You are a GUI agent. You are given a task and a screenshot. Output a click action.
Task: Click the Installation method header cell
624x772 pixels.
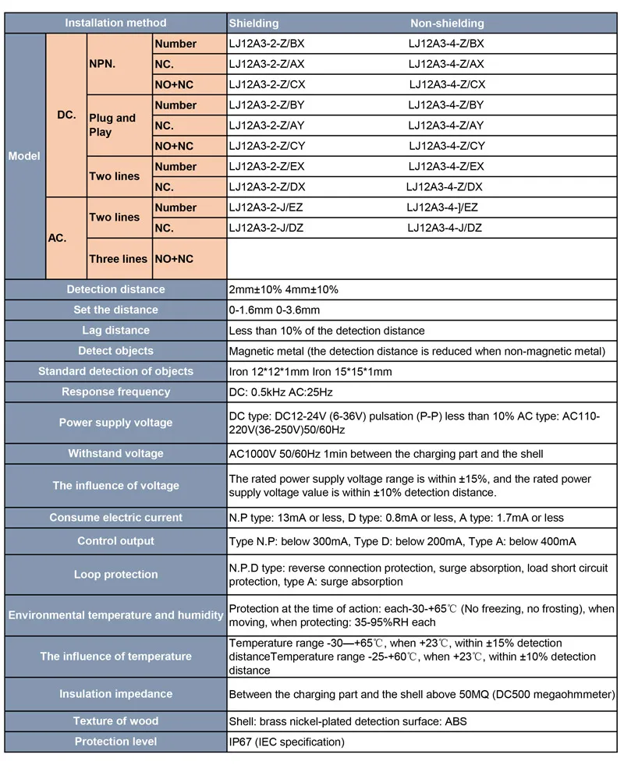115,23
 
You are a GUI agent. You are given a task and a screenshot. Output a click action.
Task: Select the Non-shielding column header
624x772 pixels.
447,23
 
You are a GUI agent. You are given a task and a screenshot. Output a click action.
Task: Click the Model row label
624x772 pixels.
24,156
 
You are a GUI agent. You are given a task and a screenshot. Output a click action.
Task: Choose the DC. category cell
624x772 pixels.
66,115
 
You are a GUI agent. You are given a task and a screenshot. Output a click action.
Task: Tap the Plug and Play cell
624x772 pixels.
112,125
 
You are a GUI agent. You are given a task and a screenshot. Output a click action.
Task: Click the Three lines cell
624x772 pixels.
118,259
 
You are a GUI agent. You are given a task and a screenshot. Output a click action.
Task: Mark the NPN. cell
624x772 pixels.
102,64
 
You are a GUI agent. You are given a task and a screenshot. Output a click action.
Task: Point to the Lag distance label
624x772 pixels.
115,331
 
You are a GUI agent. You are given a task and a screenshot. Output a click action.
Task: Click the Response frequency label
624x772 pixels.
115,391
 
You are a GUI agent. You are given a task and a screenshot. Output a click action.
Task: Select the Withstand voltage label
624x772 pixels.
115,453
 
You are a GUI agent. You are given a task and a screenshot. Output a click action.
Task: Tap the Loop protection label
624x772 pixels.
115,575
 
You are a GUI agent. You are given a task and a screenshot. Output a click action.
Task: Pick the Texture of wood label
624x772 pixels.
115,721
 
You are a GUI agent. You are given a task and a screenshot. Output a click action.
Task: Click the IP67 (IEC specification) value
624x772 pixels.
286,742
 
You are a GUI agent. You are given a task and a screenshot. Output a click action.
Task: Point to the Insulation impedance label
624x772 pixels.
115,694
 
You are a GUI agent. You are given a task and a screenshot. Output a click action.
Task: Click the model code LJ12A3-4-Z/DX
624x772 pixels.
445,186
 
